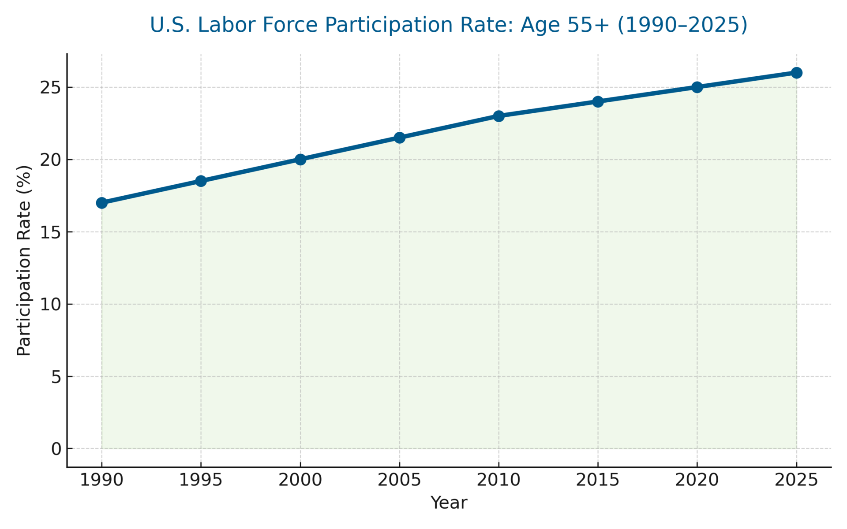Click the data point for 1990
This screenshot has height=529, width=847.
pyautogui.click(x=101, y=203)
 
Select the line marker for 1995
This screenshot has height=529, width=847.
pyautogui.click(x=201, y=181)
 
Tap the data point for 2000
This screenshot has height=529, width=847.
pyautogui.click(x=300, y=160)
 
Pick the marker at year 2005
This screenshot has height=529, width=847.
pyautogui.click(x=400, y=138)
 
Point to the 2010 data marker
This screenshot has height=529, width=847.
pyautogui.click(x=498, y=116)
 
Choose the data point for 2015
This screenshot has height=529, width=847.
pyautogui.click(x=598, y=101)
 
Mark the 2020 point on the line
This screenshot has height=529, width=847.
pyautogui.click(x=697, y=87)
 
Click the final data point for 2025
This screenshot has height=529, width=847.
pyautogui.click(x=796, y=73)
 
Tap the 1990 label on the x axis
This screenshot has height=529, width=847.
pyautogui.click(x=101, y=480)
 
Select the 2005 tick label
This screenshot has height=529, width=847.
pyautogui.click(x=400, y=480)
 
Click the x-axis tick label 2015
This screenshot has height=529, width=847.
pyautogui.click(x=598, y=480)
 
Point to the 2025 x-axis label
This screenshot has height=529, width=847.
pyautogui.click(x=796, y=480)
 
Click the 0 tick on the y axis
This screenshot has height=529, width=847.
pyautogui.click(x=56, y=449)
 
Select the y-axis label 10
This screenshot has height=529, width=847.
pyautogui.click(x=50, y=304)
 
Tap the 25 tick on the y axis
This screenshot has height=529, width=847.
pyautogui.click(x=50, y=88)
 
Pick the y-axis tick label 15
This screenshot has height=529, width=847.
pyautogui.click(x=50, y=232)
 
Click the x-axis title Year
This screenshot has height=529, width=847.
pyautogui.click(x=449, y=503)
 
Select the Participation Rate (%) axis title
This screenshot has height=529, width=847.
pyautogui.click(x=24, y=260)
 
